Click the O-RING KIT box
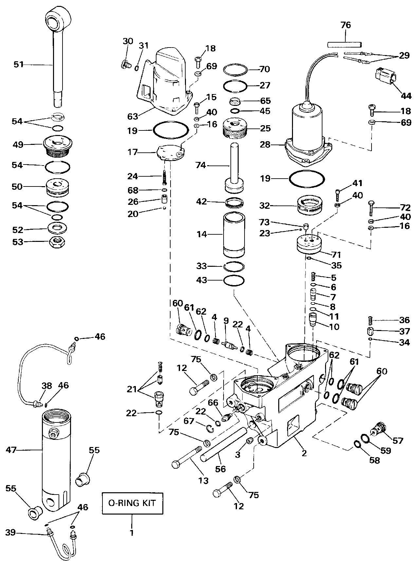coord(132,503)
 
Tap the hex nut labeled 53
coord(58,243)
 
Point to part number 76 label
coord(345,25)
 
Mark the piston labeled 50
coord(58,187)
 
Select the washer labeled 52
coord(58,228)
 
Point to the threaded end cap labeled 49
coord(58,146)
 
